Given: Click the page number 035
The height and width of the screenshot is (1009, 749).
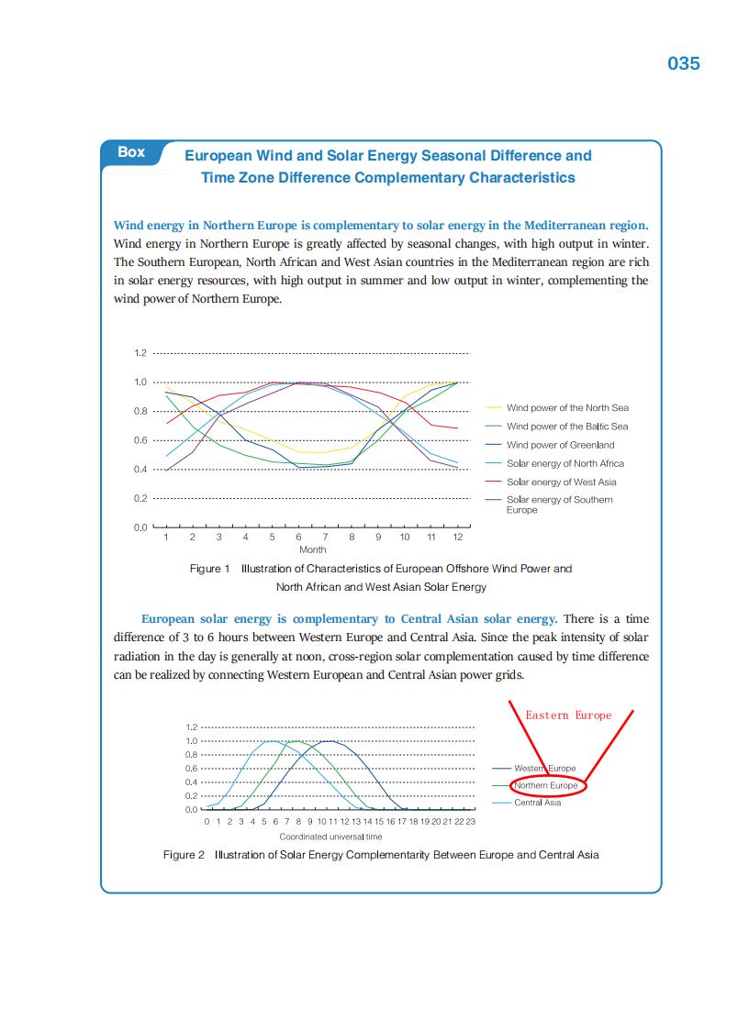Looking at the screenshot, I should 684,63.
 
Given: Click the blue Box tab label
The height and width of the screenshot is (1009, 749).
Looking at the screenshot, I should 131,152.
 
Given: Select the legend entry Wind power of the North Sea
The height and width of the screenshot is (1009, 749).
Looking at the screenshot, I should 567,407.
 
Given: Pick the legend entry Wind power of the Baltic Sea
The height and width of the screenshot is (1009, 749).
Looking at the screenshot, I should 567,426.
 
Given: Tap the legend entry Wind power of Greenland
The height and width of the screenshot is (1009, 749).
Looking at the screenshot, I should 560,445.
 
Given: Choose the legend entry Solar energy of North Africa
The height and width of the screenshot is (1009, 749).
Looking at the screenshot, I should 565,463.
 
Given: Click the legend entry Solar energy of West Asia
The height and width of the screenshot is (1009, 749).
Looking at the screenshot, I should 561,482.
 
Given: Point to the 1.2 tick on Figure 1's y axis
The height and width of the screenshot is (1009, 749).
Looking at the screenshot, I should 140,353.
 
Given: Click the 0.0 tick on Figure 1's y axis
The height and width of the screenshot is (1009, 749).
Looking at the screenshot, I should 140,527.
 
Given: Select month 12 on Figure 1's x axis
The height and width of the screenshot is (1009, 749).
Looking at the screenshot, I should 457,538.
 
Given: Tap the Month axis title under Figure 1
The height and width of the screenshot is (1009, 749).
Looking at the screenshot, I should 313,549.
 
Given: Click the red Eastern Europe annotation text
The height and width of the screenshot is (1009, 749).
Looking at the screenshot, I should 568,715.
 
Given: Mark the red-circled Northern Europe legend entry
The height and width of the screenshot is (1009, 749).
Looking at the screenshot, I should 546,785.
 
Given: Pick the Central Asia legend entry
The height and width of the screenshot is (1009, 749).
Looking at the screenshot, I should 537,803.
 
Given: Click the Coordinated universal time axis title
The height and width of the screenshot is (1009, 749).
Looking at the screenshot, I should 330,837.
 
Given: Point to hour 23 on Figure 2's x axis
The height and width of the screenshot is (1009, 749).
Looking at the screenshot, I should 470,821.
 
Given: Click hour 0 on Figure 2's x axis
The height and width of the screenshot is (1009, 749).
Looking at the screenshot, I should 207,821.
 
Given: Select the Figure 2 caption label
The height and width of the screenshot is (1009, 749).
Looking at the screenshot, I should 184,855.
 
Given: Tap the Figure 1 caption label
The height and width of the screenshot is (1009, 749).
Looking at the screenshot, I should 209,569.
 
